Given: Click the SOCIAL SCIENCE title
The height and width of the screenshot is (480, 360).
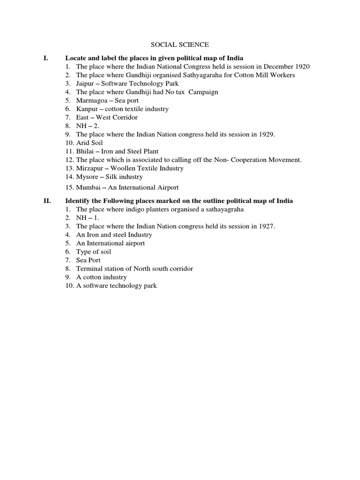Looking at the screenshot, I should [180, 45].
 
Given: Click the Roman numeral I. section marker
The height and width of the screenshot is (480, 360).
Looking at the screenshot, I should [45, 58].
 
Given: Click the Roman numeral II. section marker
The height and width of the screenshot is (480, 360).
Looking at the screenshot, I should [47, 201].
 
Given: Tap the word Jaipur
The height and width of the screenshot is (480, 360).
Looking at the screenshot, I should [85, 83].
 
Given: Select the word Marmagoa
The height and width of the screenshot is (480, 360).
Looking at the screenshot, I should [91, 100].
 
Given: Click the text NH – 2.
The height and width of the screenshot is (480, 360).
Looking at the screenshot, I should [87, 126].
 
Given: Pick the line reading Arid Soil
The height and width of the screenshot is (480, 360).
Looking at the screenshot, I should [90, 142].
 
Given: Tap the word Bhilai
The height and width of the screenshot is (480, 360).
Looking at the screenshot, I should [85, 151].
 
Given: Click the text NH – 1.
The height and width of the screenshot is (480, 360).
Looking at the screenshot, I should [87, 217].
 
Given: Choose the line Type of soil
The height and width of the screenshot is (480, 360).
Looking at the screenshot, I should [94, 252].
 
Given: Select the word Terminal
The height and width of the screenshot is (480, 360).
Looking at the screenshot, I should [89, 269].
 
